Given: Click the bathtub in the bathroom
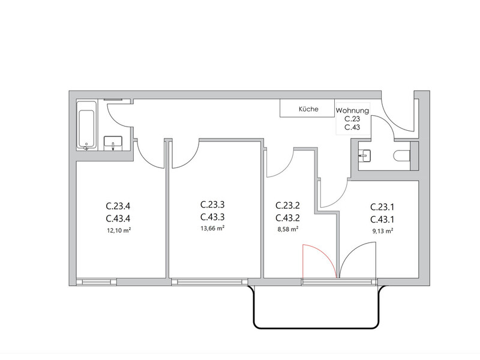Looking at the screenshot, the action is pos(86,125).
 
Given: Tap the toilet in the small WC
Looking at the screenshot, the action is pos(402,155).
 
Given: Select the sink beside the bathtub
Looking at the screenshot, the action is pos(113,143).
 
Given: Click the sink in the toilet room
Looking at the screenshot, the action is pos(364,155).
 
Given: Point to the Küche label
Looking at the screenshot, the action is pos(308,109).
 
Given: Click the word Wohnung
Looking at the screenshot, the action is pos(352,110).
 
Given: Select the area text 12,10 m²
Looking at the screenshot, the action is pos(119,230).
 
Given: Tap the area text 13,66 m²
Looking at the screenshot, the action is pos(212,229).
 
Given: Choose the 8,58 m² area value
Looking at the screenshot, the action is pos(288,229).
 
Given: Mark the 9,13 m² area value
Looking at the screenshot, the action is pos(383,232).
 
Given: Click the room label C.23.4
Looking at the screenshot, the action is pos(118,206).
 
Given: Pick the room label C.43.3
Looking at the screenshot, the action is pos(212,217).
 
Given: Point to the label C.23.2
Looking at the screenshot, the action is pos(287,205).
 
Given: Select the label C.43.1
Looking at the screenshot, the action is pos(382,220).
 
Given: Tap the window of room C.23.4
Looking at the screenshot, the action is pos(97,282).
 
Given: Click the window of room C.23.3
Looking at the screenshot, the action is pos(209,282).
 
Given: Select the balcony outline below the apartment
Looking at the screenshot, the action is pos(316,328).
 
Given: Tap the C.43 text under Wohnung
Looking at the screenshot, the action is pos(352,127).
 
